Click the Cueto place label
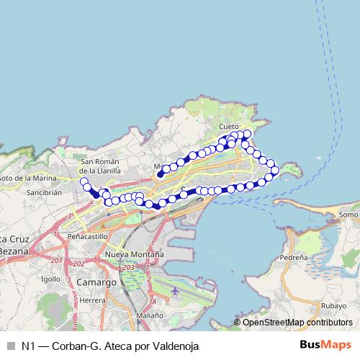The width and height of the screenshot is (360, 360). point(229,126)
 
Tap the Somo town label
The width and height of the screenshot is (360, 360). point(348,215)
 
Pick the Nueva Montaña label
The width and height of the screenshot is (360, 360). point(134,255)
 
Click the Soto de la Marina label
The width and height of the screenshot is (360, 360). point(27,178)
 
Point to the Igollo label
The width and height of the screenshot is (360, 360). point(51,279)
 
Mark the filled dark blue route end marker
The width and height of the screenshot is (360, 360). point(161,174)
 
